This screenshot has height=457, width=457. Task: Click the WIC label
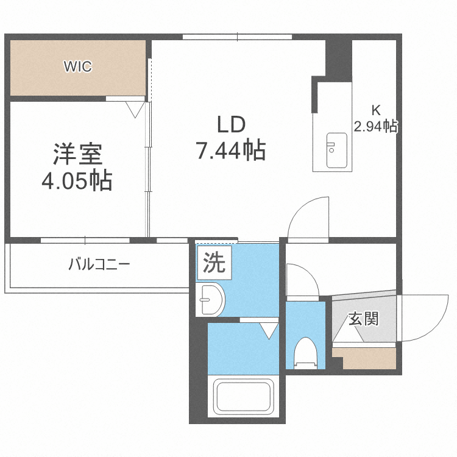pos(78,67)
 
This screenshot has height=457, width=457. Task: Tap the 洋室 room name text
pos(76,154)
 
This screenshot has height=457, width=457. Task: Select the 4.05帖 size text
pos(76,180)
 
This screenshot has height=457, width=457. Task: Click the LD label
pos(231,124)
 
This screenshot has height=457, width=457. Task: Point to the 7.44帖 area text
pos(231,149)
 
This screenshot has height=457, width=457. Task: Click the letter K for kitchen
pos(376,111)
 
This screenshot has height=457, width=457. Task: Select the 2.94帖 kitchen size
pos(375,127)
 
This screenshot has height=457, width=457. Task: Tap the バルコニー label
pos(99,265)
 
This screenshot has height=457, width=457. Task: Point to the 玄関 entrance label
pos(364,319)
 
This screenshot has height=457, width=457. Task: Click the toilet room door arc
pos(301,280)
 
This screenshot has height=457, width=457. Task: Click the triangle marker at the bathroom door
pos(268,331)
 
